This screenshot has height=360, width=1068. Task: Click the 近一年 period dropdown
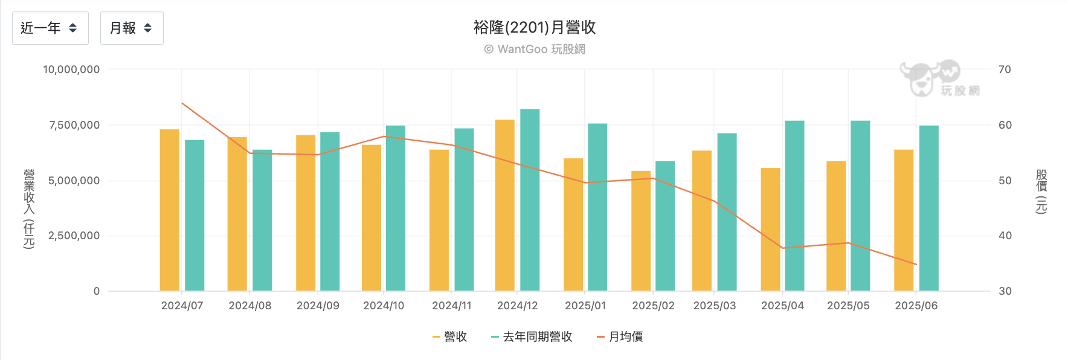click(50, 28)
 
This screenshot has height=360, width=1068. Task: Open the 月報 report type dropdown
click(131, 28)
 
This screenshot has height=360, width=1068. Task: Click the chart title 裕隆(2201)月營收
click(534, 27)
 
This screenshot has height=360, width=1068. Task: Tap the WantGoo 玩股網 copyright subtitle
click(534, 49)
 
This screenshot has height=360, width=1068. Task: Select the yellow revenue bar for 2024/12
click(504, 205)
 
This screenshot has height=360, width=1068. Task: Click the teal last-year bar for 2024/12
click(530, 200)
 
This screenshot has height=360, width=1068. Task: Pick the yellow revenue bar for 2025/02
click(641, 231)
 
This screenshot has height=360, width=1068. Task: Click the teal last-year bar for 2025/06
click(928, 208)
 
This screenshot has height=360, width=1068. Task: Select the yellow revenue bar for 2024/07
click(169, 210)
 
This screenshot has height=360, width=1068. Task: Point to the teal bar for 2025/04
click(794, 206)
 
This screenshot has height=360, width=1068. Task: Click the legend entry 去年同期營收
click(532, 336)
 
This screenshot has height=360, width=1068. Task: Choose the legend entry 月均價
click(620, 336)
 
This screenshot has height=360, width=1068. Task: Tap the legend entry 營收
click(450, 336)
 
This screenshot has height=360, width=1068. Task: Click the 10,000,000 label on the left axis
click(71, 69)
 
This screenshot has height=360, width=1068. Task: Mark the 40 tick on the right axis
click(1005, 236)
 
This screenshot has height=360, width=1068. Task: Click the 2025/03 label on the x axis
click(715, 306)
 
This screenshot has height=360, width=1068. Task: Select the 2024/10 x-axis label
click(384, 306)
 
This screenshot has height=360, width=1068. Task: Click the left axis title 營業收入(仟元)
click(29, 208)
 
